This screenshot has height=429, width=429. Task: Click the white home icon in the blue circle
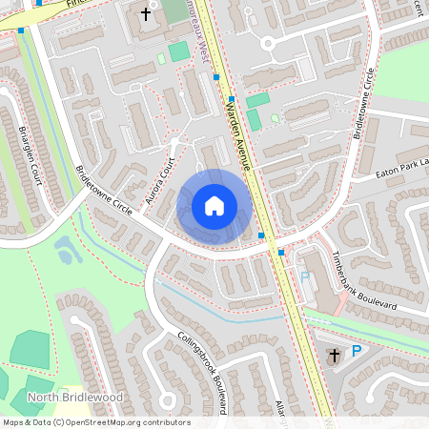click(x=214, y=206)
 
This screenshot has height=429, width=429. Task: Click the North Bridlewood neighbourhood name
click(x=63, y=397)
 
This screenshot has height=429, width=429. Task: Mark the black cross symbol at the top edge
click(x=146, y=14)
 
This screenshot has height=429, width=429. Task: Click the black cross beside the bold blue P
click(x=333, y=357)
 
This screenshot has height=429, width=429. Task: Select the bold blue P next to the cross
click(x=357, y=352)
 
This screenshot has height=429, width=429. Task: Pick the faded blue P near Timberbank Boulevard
click(x=305, y=276)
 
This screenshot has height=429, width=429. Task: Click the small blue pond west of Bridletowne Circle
click(x=68, y=250)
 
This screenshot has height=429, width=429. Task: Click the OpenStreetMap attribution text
click(x=96, y=422)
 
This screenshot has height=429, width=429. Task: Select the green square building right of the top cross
click(x=178, y=51)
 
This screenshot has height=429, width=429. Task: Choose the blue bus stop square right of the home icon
click(x=261, y=235)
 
